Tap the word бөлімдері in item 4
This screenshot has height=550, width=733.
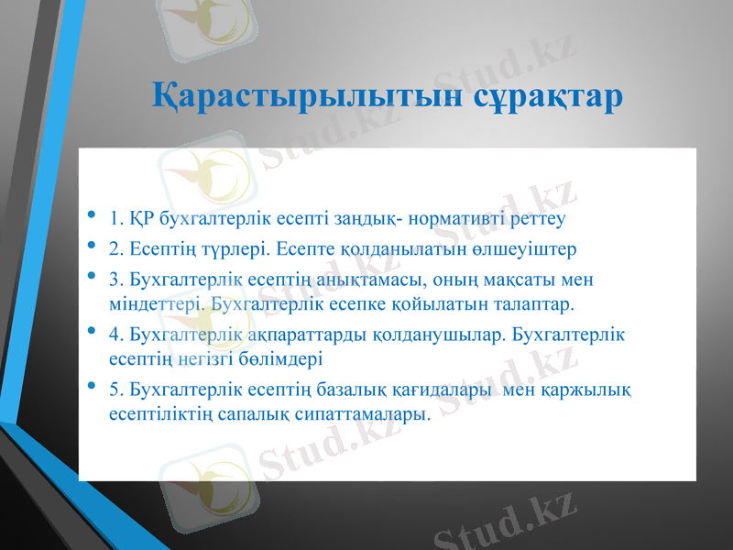pyautogui.click(x=269, y=358)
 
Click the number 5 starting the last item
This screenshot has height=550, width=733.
pyautogui.click(x=113, y=391)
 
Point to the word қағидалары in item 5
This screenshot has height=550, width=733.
pyautogui.click(x=453, y=391)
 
